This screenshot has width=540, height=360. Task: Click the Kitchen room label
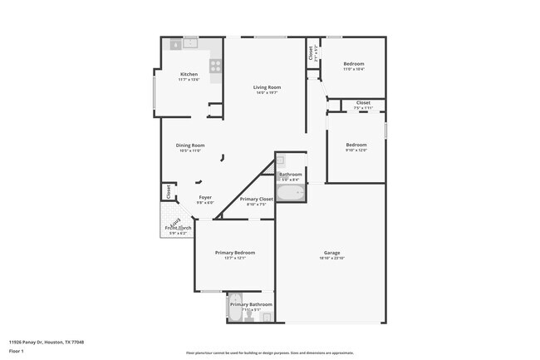(189, 74)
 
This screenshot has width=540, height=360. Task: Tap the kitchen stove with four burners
(216, 65)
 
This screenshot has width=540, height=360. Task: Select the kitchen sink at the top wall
(190, 42)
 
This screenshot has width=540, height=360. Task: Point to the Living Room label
(267, 87)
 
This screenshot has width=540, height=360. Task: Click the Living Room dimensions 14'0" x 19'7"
(267, 93)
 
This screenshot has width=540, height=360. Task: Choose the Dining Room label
(190, 145)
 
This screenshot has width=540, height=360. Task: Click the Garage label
(331, 253)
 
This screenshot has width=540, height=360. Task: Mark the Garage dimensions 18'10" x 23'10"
(331, 259)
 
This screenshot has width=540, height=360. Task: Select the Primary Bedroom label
(235, 253)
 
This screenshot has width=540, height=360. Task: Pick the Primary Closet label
(257, 200)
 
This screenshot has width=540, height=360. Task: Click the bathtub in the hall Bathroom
(292, 193)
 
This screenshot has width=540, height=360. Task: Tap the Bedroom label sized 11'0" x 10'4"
(354, 64)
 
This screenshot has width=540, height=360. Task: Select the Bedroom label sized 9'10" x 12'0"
(356, 145)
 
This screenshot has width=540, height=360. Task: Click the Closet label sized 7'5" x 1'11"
(363, 103)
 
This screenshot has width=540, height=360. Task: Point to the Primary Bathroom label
(251, 304)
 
